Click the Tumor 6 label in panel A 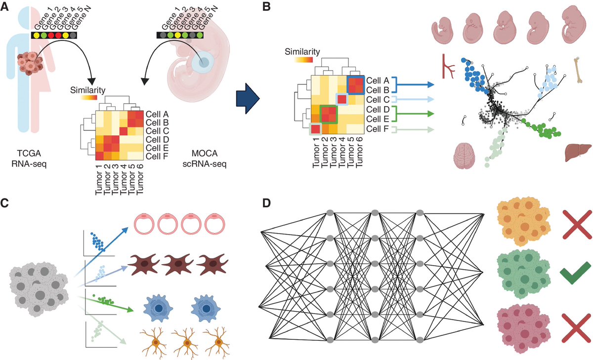[x=142, y=178]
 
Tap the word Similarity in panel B [x=302, y=51]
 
